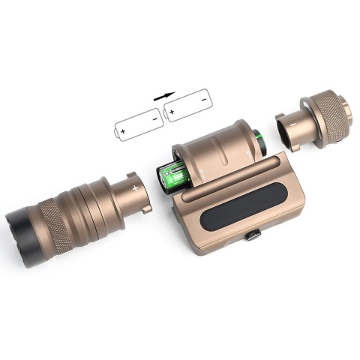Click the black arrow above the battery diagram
coord(164,95)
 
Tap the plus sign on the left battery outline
coord(124,130)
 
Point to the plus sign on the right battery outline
coord(172,113)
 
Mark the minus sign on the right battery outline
coord(203,101)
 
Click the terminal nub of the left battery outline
coord(116,133)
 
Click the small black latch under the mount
coord(255,235)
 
